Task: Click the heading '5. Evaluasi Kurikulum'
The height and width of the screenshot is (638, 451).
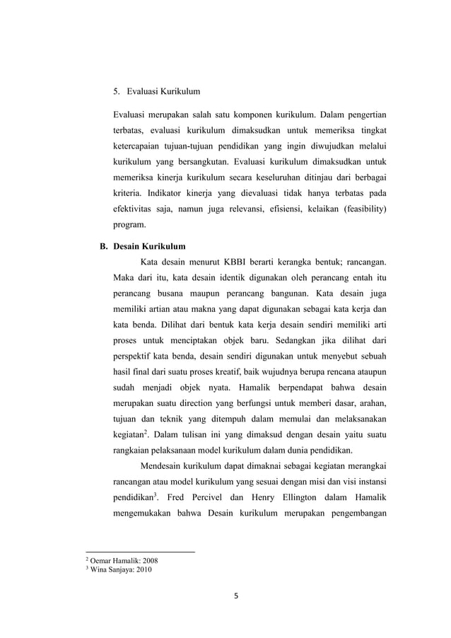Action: click(x=156, y=91)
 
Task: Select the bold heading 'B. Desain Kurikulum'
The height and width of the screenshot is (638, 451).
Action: click(x=141, y=247)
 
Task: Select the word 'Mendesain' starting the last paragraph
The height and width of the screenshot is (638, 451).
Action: click(x=163, y=465)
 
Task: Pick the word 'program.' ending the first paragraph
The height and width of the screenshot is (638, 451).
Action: click(x=130, y=226)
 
